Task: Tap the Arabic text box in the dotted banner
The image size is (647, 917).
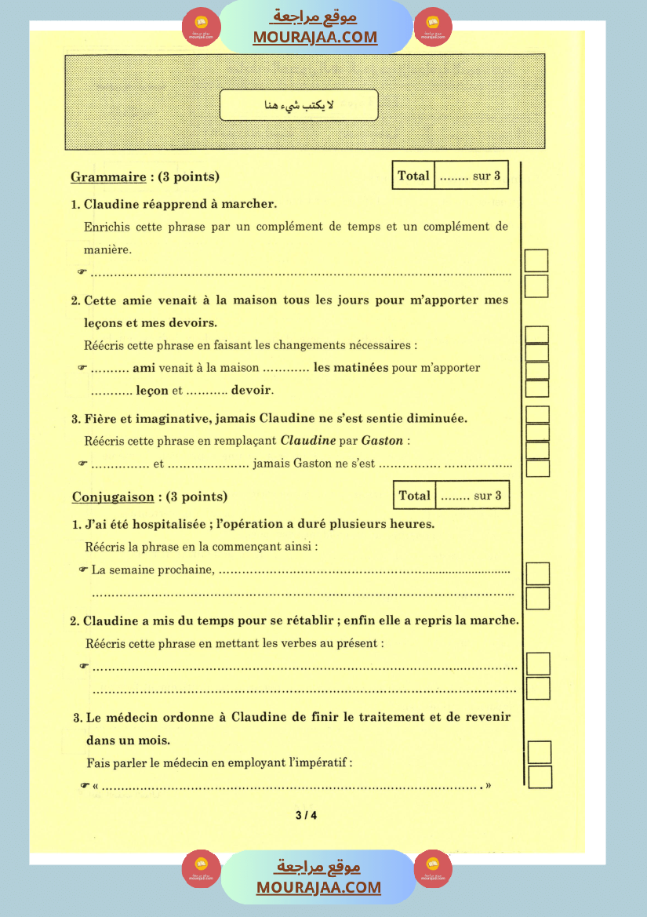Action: [298, 105]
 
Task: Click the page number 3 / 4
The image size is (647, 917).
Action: [307, 815]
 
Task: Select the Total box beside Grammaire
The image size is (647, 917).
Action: [449, 176]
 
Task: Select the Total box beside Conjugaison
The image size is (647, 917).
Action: [450, 496]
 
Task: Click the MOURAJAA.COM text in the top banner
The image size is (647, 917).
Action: [314, 37]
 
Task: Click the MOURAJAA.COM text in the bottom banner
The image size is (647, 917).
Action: [318, 887]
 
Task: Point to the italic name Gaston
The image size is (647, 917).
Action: [384, 441]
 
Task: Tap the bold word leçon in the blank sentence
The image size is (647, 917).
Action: [152, 390]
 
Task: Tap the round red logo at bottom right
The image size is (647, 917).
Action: [434, 868]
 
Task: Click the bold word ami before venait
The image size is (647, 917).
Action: [144, 367]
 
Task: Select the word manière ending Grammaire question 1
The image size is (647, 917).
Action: [107, 249]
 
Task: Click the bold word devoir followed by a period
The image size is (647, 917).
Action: [252, 390]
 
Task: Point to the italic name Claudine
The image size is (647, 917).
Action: [308, 441]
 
